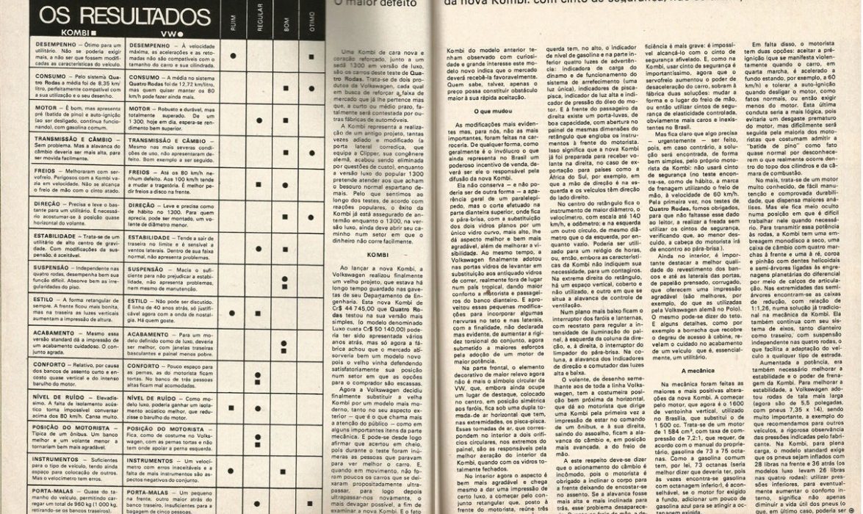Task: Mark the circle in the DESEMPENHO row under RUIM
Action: [x=232, y=55]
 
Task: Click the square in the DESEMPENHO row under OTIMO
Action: [x=310, y=56]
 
